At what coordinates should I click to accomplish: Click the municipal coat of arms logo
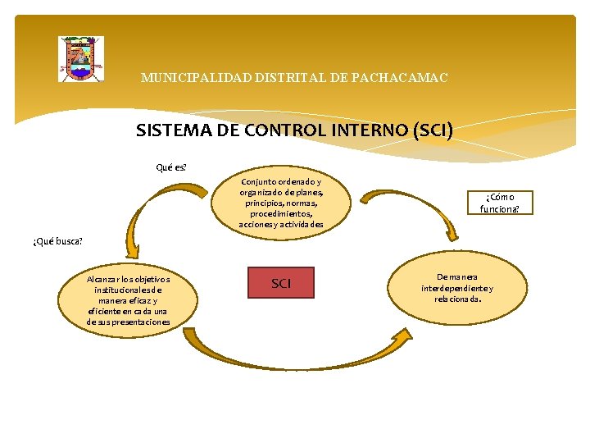click(80, 58)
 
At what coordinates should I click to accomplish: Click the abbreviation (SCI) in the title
click(433, 130)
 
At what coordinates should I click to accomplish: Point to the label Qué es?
click(171, 167)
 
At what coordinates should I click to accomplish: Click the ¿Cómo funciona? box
click(506, 202)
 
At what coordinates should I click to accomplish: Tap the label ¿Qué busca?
click(57, 241)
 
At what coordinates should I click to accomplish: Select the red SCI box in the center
click(280, 283)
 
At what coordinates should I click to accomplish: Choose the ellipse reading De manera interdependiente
click(457, 287)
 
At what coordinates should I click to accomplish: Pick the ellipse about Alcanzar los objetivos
click(127, 300)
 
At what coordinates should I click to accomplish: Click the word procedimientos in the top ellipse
click(281, 213)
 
